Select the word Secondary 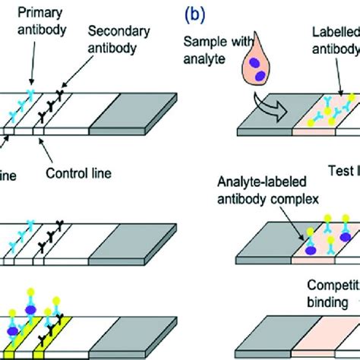(112, 31)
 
